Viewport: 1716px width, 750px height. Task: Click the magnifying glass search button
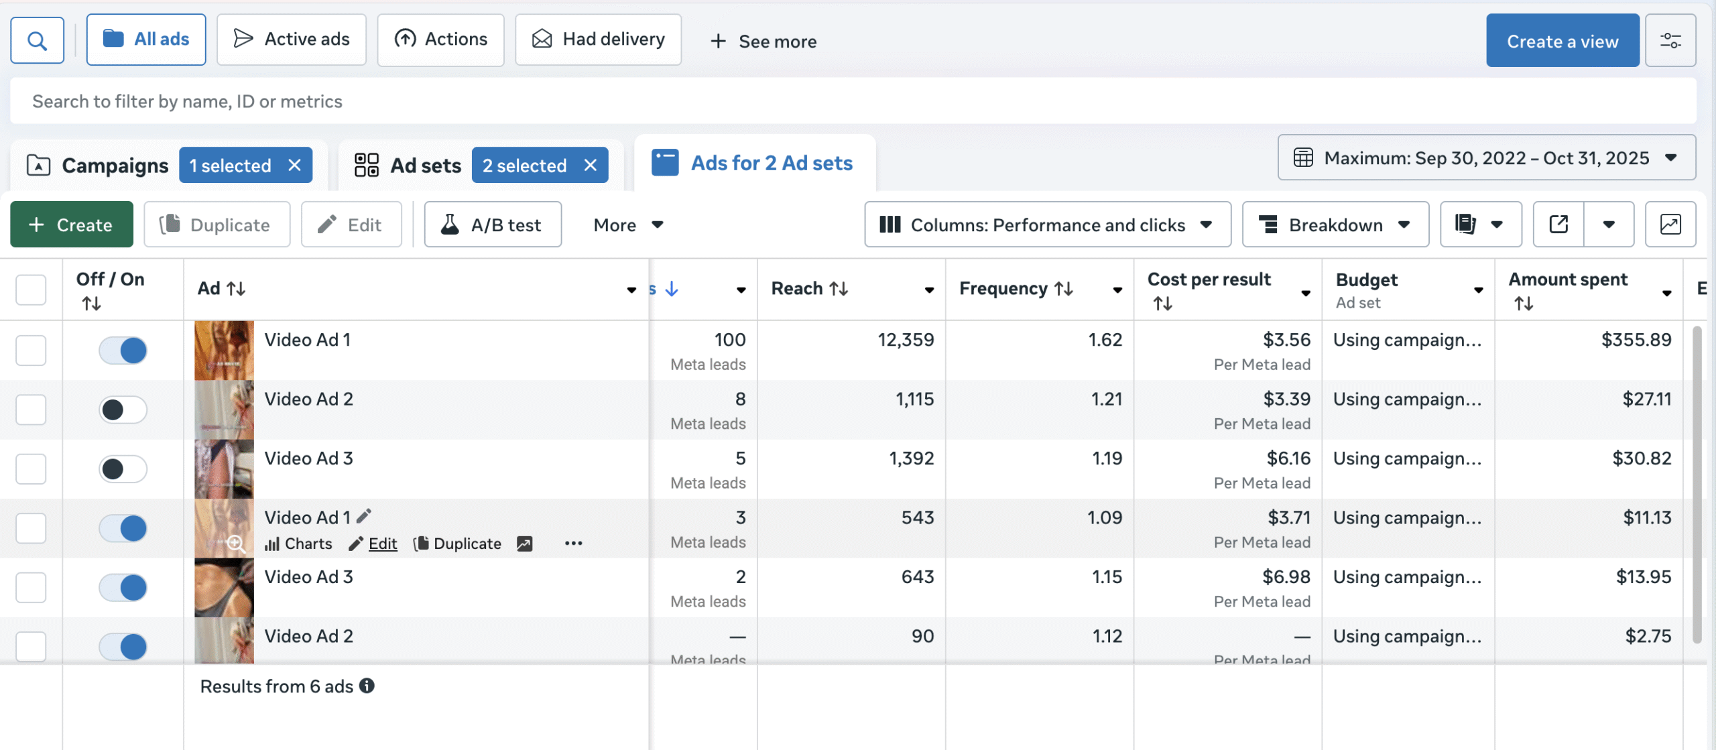click(38, 41)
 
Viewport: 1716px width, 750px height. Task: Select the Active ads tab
click(292, 40)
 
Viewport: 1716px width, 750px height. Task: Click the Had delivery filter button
click(598, 40)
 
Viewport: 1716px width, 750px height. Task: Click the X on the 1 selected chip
click(294, 165)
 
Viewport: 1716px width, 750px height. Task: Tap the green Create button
click(71, 225)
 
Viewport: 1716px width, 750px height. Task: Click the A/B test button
click(493, 225)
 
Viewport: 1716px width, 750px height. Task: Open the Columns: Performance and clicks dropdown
click(1047, 225)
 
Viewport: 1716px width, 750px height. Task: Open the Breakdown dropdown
click(1335, 225)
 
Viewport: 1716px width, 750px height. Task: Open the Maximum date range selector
click(1486, 158)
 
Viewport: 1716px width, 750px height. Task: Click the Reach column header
click(809, 288)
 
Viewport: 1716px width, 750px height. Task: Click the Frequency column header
click(1015, 288)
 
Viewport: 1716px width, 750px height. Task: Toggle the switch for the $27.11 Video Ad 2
click(123, 410)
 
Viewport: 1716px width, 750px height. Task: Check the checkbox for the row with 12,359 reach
click(31, 351)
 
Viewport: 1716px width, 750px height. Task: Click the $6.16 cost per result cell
click(1288, 458)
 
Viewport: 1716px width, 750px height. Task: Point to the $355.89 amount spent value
click(1636, 340)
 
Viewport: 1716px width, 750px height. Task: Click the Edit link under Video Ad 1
click(382, 544)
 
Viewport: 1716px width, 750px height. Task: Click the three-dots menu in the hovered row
click(573, 544)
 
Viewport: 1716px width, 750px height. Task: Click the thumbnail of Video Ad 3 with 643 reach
click(224, 588)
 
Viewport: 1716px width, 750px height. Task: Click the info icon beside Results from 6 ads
click(367, 686)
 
